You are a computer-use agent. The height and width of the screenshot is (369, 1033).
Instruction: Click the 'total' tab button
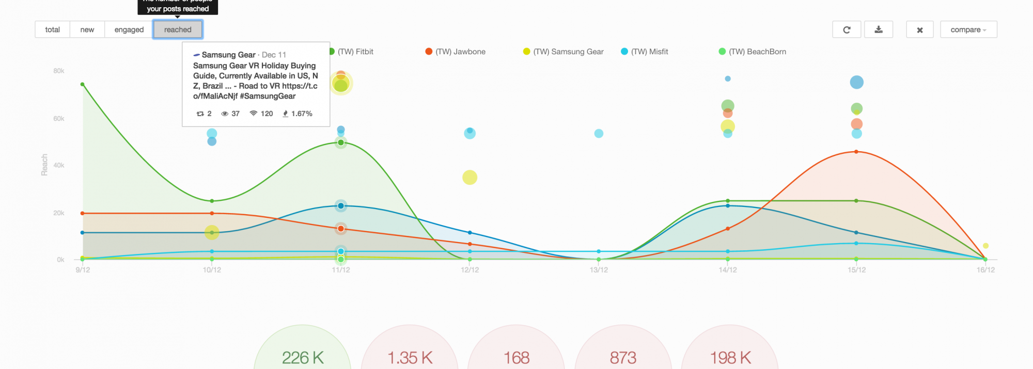52,29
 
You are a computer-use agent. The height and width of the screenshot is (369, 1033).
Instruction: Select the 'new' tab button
87,29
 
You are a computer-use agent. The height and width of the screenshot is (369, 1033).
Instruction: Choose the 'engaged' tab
129,29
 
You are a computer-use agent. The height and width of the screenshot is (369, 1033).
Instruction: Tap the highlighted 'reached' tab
178,29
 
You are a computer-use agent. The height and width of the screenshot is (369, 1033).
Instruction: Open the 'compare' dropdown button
968,29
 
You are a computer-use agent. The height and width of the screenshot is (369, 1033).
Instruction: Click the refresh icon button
847,29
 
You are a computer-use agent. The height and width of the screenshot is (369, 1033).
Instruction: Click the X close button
919,29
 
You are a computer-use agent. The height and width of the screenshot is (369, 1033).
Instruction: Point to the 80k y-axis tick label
59,71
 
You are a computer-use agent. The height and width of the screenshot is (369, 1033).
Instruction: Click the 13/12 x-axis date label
599,270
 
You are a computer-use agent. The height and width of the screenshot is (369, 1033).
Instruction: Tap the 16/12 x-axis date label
985,270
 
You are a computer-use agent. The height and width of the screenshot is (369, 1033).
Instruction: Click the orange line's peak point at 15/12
856,152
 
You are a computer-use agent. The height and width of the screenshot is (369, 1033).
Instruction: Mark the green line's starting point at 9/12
83,84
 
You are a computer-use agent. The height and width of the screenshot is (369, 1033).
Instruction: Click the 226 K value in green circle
303,358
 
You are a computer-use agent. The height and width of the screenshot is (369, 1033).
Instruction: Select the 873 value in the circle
623,358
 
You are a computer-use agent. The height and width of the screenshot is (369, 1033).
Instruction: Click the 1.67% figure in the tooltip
302,114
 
